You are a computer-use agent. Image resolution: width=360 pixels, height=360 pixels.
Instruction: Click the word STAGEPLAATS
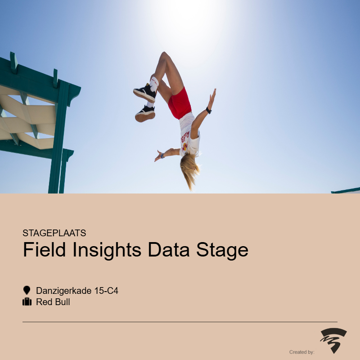pyautogui.click(x=54, y=233)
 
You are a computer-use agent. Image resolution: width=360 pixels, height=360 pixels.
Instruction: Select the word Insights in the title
pyautogui.click(x=107, y=250)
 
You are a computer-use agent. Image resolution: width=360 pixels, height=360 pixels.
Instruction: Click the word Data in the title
pyautogui.click(x=169, y=250)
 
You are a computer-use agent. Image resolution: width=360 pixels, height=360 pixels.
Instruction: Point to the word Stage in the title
pyautogui.click(x=222, y=251)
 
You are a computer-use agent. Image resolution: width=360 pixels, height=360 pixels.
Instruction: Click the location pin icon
pyautogui.click(x=27, y=290)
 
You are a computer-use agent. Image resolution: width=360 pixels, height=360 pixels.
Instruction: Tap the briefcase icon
pyautogui.click(x=27, y=301)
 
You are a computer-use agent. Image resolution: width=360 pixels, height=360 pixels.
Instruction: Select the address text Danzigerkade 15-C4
pyautogui.click(x=77, y=291)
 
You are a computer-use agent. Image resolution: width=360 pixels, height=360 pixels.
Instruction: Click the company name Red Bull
pyautogui.click(x=53, y=302)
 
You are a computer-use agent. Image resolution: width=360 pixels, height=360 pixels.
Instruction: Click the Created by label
pyautogui.click(x=301, y=352)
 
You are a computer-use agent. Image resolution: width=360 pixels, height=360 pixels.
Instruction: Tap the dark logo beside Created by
pyautogui.click(x=333, y=340)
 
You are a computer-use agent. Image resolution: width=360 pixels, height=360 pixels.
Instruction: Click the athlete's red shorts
pyautogui.click(x=180, y=104)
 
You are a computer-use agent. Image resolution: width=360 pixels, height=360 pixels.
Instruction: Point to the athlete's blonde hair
pyautogui.click(x=189, y=170)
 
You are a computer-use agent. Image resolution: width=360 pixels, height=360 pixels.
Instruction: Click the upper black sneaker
pyautogui.click(x=145, y=93)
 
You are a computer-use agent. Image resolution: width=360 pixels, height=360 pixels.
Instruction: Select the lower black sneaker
pyautogui.click(x=145, y=114)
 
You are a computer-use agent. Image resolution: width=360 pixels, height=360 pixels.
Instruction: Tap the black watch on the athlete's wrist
pyautogui.click(x=208, y=110)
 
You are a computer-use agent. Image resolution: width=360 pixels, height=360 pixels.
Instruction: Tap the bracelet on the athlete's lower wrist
pyautogui.click(x=162, y=156)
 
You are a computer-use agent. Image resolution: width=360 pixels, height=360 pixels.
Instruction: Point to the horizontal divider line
pyautogui.click(x=180, y=322)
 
